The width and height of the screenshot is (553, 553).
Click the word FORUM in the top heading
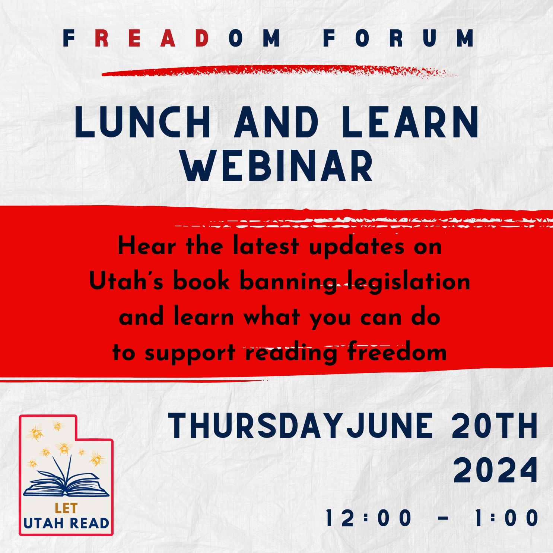[x=399, y=38]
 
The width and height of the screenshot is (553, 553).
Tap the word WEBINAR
[x=277, y=166]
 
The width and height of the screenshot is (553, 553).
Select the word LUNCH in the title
[x=143, y=123]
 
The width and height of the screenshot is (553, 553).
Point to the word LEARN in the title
[x=410, y=123]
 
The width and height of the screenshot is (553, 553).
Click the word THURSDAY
[x=255, y=426]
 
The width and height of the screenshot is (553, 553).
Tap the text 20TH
[x=495, y=426]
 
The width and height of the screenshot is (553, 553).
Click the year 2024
[x=496, y=471]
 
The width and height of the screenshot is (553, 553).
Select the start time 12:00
[x=369, y=518]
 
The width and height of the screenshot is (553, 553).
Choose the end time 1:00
[x=507, y=518]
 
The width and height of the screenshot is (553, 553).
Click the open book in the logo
[x=66, y=482]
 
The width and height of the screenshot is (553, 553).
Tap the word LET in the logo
[x=66, y=508]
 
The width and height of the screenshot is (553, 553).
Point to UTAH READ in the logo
[x=66, y=523]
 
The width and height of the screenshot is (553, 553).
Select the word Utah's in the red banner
[x=126, y=282]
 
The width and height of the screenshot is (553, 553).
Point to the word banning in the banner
[x=288, y=282]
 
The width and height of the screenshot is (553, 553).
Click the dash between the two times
[x=443, y=518]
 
